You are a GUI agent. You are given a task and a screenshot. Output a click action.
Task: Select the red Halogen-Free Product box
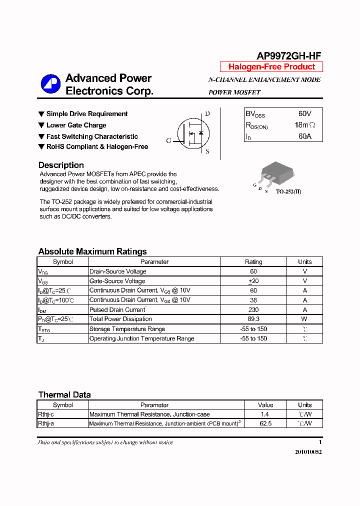click(271, 67)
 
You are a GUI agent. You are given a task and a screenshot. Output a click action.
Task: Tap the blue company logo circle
click(50, 84)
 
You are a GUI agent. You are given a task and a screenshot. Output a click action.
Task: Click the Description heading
click(61, 165)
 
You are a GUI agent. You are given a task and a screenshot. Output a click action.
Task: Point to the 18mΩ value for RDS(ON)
click(305, 125)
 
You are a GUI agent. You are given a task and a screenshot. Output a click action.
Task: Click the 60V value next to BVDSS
click(304, 114)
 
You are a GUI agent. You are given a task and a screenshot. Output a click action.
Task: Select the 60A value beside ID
click(304, 136)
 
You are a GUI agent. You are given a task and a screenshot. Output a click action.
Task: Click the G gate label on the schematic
click(168, 141)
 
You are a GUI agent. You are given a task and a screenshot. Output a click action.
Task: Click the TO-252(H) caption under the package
click(288, 191)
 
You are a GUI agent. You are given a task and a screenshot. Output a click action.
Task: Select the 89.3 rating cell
click(253, 319)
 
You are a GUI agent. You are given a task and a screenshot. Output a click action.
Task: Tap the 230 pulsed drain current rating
click(253, 309)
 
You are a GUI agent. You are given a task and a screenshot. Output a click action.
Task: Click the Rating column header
click(253, 262)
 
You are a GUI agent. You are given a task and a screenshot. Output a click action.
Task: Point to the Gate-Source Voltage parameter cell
click(117, 281)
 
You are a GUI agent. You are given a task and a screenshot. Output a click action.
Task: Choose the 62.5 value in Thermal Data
click(265, 423)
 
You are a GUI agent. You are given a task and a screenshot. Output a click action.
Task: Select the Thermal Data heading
click(64, 395)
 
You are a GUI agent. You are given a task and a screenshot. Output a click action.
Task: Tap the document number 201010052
click(308, 452)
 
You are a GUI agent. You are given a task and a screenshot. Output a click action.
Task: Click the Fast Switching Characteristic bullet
click(92, 136)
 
